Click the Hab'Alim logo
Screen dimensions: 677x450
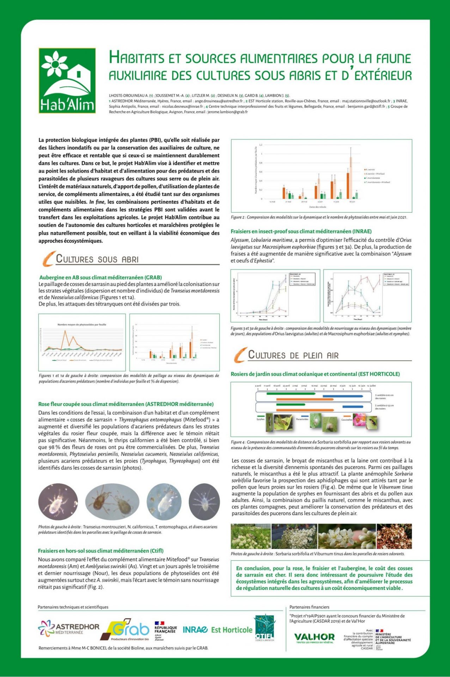67,81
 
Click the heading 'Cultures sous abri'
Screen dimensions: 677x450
97,259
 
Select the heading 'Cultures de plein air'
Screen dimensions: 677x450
293,355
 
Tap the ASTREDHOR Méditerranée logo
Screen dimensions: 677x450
69,629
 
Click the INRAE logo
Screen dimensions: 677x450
195,630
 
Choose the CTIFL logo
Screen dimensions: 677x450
264,628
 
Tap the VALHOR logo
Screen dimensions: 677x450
314,637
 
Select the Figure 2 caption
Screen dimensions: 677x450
319,217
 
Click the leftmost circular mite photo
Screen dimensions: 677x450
58,502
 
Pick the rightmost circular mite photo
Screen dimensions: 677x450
204,502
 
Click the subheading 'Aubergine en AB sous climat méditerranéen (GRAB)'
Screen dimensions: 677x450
101,277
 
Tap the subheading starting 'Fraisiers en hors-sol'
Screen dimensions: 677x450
101,551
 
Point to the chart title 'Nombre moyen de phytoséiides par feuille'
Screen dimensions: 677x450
82,324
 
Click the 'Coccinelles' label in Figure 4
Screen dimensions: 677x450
347,420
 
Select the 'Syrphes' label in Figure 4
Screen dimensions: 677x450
260,419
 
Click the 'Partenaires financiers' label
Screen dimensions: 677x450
309,607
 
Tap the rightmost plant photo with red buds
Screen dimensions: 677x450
394,536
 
